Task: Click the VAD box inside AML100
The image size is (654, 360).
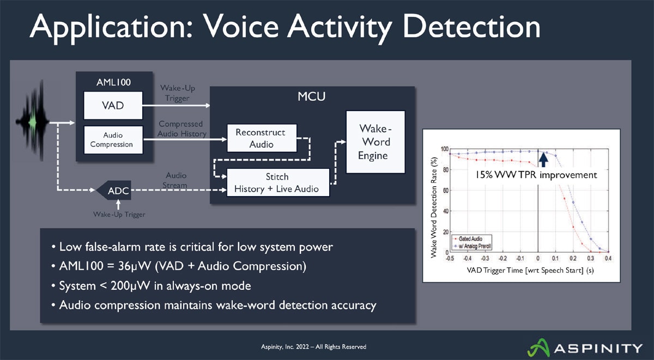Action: click(x=113, y=105)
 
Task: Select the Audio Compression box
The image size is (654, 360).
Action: click(x=113, y=140)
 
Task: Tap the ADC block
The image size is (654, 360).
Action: click(x=118, y=191)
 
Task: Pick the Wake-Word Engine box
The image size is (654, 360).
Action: click(x=376, y=142)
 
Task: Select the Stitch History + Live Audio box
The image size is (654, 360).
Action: click(x=278, y=183)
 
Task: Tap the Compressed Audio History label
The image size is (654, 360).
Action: click(x=182, y=129)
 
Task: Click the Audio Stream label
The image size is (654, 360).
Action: click(x=175, y=180)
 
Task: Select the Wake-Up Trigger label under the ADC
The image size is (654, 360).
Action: click(x=119, y=214)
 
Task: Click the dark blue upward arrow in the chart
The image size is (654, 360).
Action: click(x=543, y=158)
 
